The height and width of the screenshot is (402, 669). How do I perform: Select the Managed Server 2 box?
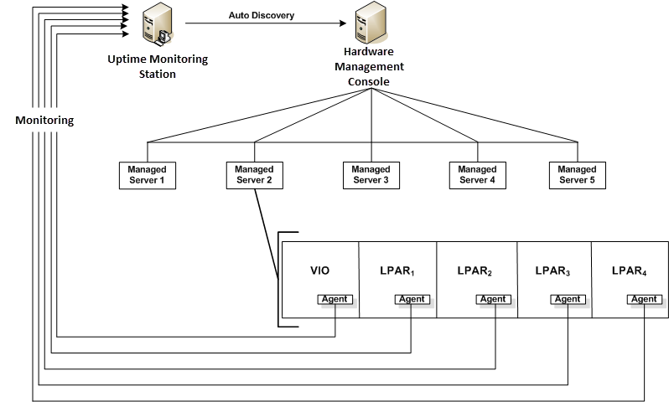click(x=255, y=175)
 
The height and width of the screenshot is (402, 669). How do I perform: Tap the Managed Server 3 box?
click(x=371, y=175)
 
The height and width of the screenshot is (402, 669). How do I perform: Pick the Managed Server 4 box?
click(x=477, y=175)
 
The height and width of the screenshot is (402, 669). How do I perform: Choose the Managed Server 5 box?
click(x=577, y=175)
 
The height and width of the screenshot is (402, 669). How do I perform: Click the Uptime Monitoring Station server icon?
click(x=158, y=24)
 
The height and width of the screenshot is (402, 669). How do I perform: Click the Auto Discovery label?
click(x=262, y=15)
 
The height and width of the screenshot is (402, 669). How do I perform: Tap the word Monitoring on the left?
click(x=44, y=120)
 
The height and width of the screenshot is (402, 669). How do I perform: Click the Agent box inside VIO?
click(x=335, y=299)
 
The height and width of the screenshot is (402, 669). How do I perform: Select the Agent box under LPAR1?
click(x=412, y=299)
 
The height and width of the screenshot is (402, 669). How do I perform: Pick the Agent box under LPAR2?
click(x=492, y=299)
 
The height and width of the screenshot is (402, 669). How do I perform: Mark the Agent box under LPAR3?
click(x=568, y=299)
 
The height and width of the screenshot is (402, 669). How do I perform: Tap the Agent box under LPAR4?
click(x=644, y=299)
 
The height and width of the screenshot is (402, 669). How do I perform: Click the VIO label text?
click(x=320, y=271)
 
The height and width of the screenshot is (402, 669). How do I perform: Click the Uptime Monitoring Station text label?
click(x=158, y=66)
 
